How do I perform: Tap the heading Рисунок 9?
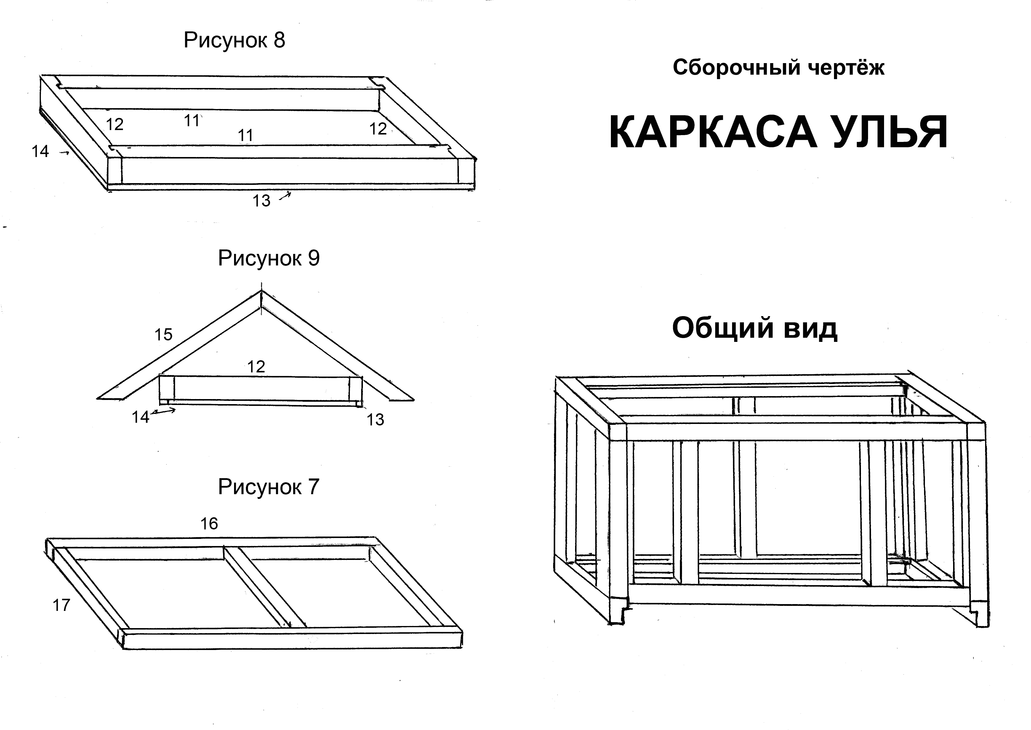(269, 258)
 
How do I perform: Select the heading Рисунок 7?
(269, 487)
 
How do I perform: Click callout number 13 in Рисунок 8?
(261, 201)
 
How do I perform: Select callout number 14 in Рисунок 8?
(40, 151)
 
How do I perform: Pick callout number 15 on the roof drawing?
(163, 334)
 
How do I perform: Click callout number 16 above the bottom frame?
(209, 524)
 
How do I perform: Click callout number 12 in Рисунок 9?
(256, 367)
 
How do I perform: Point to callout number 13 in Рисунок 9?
(375, 420)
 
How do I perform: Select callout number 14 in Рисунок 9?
(140, 417)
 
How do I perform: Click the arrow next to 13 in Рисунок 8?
(285, 196)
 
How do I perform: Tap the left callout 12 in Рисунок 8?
(115, 124)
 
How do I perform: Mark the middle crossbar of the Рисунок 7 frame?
(265, 587)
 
